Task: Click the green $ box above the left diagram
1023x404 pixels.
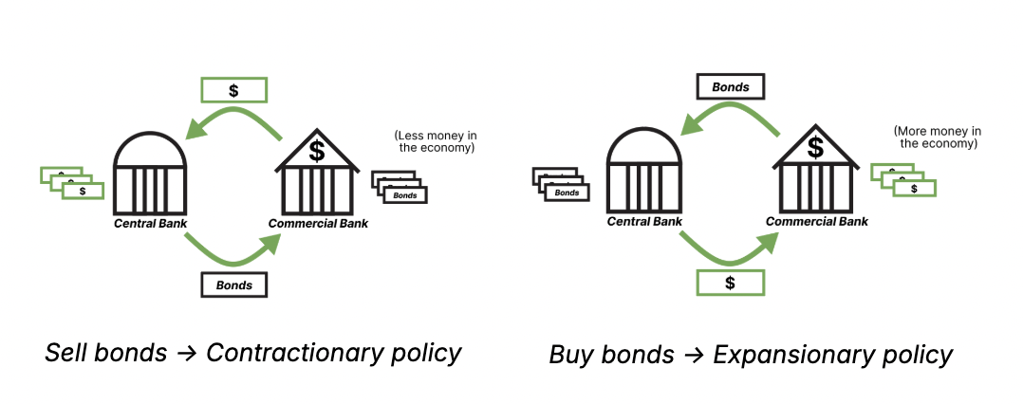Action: pos(233,89)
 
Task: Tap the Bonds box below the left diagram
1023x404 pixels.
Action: pos(233,285)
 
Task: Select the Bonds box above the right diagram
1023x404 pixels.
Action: pos(731,87)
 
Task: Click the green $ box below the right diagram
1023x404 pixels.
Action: pos(730,282)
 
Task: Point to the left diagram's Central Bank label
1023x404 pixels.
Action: pos(150,224)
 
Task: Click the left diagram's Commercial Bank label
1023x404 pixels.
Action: pos(318,224)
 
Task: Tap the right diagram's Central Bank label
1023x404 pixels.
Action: pos(644,222)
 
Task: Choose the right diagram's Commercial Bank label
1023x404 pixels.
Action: pos(817,222)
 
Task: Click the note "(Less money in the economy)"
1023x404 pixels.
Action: pos(435,141)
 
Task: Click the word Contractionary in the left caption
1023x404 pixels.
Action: pos(290,354)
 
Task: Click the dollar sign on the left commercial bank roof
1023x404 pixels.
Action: pos(317,151)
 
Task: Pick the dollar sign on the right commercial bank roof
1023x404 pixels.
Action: pos(815,147)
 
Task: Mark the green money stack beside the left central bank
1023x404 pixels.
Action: pos(71,182)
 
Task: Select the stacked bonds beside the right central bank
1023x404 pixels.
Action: pos(561,184)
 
